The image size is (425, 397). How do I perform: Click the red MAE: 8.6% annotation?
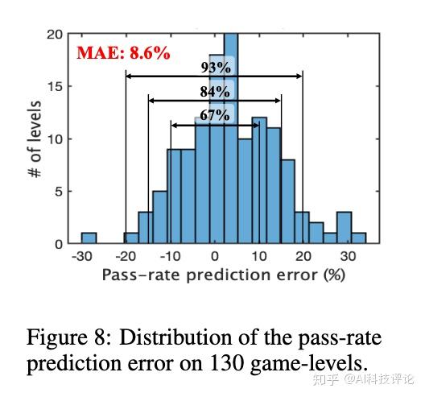point(124,53)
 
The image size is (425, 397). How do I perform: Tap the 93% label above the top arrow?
point(216,68)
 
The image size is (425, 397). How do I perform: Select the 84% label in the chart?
point(215,91)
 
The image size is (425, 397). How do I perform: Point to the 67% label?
point(215,115)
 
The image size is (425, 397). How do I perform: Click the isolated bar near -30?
point(89,238)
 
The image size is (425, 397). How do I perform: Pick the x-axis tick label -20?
point(126,256)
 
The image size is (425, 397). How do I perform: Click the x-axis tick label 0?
point(214,256)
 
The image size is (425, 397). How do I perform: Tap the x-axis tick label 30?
point(348,256)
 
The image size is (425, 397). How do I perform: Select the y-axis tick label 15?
point(54,86)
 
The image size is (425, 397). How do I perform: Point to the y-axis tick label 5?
point(58,192)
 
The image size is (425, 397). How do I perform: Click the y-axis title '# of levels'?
point(35,139)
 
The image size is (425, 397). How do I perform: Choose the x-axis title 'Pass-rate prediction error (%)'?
point(224,275)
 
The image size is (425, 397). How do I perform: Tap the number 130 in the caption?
point(226,363)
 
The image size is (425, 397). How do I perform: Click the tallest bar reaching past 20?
point(231,139)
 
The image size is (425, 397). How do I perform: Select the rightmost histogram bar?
point(359,238)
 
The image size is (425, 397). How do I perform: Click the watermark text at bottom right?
point(363,378)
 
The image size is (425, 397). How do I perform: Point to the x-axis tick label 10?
point(259,256)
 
